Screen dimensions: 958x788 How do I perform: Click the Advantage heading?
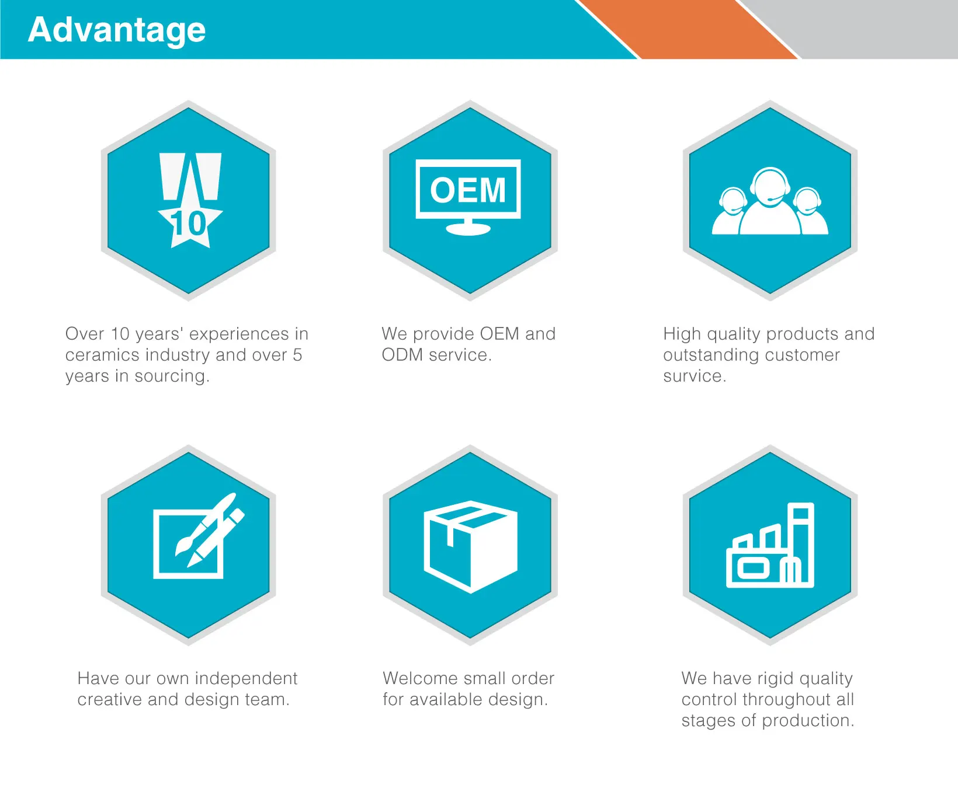117,30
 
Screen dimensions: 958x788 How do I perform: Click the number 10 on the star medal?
188,224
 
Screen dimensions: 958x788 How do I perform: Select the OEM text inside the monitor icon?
468,190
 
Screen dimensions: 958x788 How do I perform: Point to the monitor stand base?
468,229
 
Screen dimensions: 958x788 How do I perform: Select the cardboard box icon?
470,546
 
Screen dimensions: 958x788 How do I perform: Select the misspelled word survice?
695,376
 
